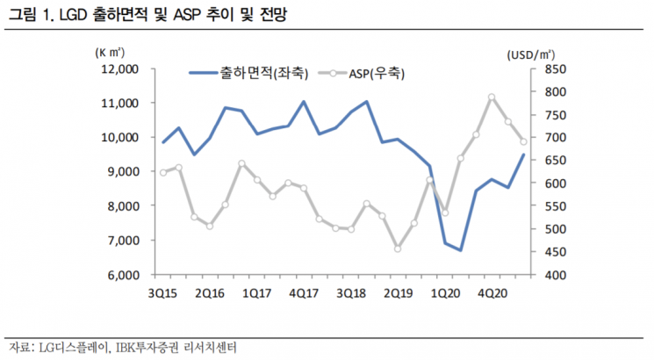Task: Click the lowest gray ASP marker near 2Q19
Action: (398, 248)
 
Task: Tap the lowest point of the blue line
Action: (461, 250)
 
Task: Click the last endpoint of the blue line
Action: (524, 155)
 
